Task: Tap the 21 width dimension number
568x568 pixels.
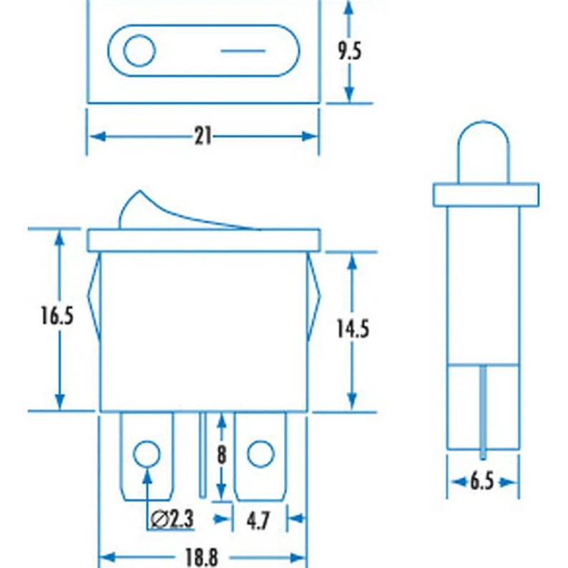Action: click(203, 136)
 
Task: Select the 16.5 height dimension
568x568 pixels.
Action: click(57, 315)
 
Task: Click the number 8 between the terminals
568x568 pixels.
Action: click(222, 455)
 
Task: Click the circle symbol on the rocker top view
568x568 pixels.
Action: click(139, 52)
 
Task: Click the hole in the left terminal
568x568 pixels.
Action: click(146, 453)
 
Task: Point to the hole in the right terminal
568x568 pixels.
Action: click(260, 453)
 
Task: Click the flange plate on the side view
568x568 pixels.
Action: click(485, 193)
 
